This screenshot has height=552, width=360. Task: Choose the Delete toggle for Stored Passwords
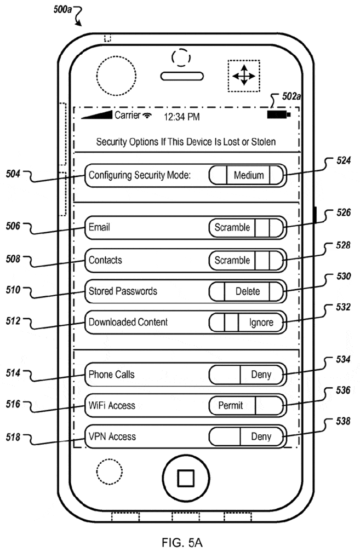point(247,291)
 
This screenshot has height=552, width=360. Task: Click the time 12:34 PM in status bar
point(182,117)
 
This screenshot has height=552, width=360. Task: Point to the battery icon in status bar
point(277,115)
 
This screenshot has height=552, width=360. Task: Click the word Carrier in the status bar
point(127,115)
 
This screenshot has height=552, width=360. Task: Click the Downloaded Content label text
point(128,323)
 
